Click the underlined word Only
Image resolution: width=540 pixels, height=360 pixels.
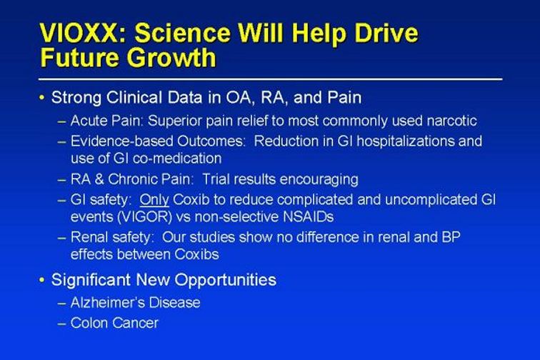click(154, 200)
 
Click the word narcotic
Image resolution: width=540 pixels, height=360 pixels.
click(452, 121)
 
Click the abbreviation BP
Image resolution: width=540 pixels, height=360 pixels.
click(451, 237)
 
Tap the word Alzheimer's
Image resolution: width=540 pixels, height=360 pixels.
click(107, 303)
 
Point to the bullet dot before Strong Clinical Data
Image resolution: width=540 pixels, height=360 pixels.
click(42, 98)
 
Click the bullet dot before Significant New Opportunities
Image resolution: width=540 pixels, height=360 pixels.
click(42, 280)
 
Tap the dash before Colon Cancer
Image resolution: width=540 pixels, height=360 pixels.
click(62, 324)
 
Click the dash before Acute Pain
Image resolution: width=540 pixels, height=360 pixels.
click(62, 121)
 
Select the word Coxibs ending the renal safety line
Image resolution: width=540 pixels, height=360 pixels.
click(196, 254)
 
